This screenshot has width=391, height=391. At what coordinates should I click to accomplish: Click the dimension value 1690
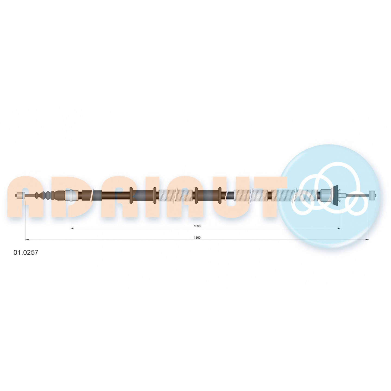tap(197, 226)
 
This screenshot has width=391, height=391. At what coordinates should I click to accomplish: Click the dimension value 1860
tap(197, 238)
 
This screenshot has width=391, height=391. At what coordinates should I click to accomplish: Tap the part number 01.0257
tap(26, 253)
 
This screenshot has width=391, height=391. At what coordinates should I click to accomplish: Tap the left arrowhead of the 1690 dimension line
tap(72, 228)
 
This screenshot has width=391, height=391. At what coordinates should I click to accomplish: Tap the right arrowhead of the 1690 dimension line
tap(339, 228)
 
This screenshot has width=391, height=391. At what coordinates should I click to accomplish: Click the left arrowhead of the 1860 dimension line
tap(27, 240)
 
